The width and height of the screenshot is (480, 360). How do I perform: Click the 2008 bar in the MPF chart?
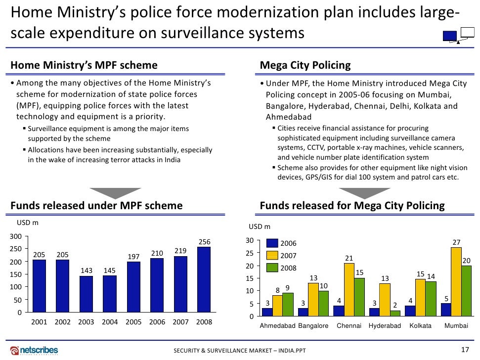tap(204, 279)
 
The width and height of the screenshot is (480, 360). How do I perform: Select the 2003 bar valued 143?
tap(86, 294)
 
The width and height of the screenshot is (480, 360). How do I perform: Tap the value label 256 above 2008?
tap(204, 242)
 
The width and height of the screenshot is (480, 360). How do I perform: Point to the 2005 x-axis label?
tap(133, 322)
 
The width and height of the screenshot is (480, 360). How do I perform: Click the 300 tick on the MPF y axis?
tap(16, 236)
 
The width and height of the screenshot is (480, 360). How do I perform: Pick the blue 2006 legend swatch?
tap(272, 243)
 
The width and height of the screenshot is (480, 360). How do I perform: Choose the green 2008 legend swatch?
tap(272, 268)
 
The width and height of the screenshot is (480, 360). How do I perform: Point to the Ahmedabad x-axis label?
tap(277, 326)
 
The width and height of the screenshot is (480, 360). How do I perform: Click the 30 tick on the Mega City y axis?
tap(250, 241)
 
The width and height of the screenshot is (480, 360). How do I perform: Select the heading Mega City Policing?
tap(305, 65)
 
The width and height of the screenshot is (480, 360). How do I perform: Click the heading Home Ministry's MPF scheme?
tap(84, 65)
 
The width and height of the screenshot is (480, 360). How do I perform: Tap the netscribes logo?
tap(34, 350)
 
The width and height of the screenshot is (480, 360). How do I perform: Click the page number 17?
tap(464, 350)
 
